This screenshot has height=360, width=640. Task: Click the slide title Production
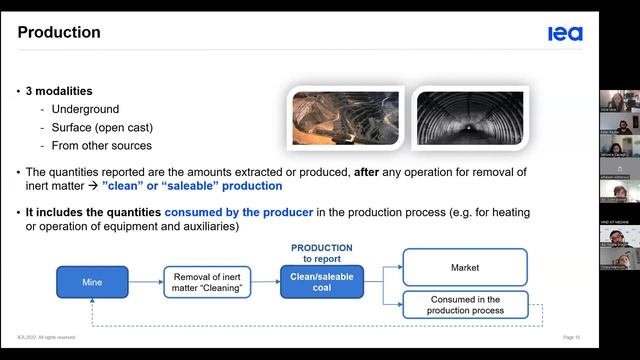point(59,33)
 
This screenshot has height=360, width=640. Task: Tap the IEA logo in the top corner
point(565,34)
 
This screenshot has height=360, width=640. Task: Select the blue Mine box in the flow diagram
point(92,281)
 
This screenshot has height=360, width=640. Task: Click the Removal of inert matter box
point(207,281)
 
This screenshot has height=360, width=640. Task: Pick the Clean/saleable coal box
point(321,281)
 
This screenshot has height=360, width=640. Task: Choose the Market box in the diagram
point(465,267)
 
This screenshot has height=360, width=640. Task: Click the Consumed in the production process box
point(465,304)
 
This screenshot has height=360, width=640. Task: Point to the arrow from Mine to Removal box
point(145,281)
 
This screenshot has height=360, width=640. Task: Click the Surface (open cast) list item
point(102,128)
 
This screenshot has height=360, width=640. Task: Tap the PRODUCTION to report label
point(321,251)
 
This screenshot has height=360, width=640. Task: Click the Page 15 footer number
point(571,337)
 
